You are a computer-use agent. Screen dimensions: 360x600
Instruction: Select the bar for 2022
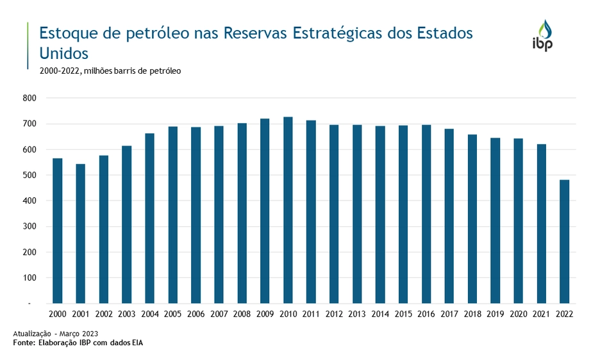(x=564, y=241)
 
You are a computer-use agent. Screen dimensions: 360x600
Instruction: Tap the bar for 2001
(x=80, y=233)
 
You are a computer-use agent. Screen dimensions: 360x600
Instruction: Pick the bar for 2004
(x=149, y=218)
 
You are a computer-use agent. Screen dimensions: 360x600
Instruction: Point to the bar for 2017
(x=449, y=216)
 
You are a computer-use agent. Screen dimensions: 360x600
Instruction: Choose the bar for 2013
(x=357, y=214)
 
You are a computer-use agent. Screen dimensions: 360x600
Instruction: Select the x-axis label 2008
(x=242, y=315)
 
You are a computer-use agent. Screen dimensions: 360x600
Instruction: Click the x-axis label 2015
(x=403, y=315)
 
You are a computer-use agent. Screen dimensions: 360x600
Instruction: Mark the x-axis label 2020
(x=518, y=315)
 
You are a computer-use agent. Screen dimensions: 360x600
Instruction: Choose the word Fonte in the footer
(x=25, y=343)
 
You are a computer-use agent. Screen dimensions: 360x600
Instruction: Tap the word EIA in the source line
(x=137, y=343)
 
